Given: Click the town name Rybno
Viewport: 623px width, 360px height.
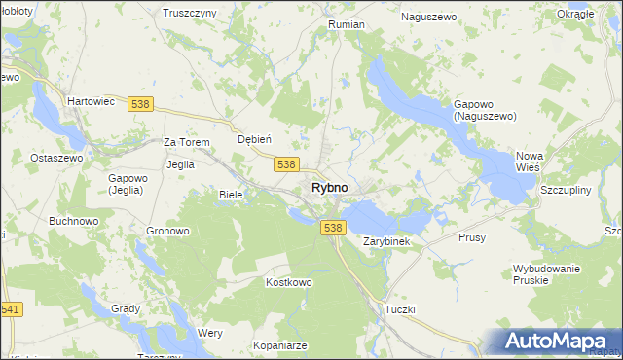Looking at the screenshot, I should pyautogui.click(x=329, y=187).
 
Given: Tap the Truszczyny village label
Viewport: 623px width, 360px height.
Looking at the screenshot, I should pyautogui.click(x=189, y=14).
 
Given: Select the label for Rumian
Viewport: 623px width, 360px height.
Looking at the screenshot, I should pyautogui.click(x=347, y=24).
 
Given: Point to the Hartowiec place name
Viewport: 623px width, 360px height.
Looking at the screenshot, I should pyautogui.click(x=91, y=100).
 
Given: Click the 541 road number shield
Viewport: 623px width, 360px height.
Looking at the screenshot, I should pyautogui.click(x=11, y=309).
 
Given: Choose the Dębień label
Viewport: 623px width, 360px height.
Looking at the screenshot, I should pyautogui.click(x=254, y=139).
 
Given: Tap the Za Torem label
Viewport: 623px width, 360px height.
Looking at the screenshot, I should pyautogui.click(x=187, y=142).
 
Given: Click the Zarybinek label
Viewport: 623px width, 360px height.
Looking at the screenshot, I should pyautogui.click(x=392, y=240).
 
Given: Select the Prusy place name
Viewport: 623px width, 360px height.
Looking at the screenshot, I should pyautogui.click(x=471, y=237).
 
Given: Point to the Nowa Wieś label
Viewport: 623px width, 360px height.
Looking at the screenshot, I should pyautogui.click(x=529, y=162).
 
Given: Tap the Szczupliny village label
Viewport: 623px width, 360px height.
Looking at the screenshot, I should pyautogui.click(x=565, y=190).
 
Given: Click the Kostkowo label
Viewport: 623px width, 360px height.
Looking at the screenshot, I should pyautogui.click(x=288, y=282).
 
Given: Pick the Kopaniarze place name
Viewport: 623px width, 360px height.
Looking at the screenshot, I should pyautogui.click(x=251, y=345).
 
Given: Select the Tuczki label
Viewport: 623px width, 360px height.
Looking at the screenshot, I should pyautogui.click(x=400, y=309).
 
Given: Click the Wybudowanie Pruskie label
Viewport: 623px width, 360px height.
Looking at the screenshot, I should pyautogui.click(x=548, y=273).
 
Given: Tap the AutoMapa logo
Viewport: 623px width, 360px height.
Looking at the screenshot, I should pyautogui.click(x=551, y=342).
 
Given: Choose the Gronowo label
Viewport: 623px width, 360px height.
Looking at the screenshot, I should pyautogui.click(x=167, y=232).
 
